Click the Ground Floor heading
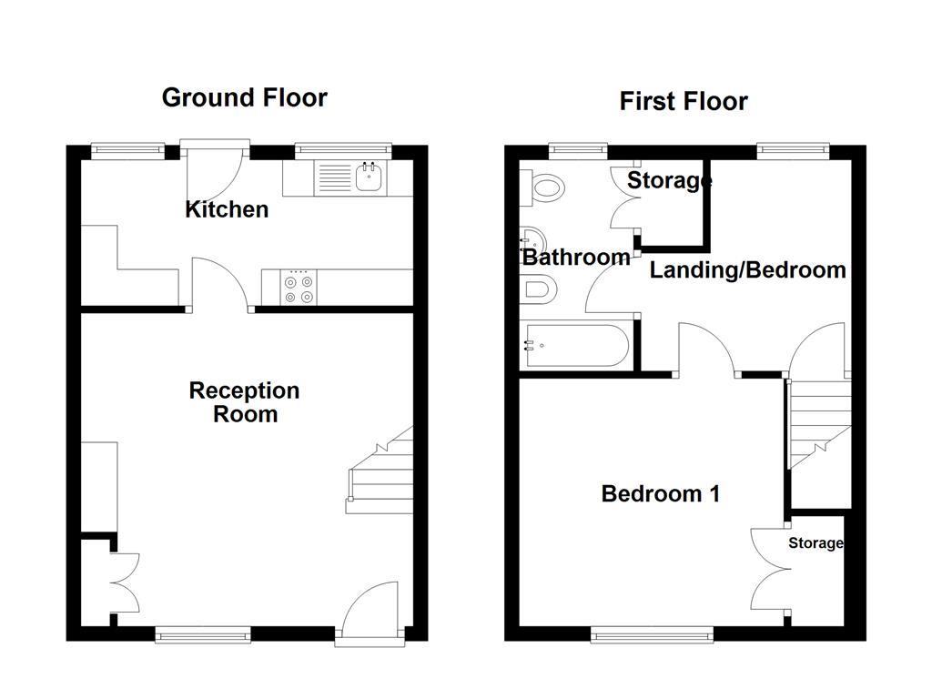[x=244, y=97]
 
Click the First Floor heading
[x=684, y=101]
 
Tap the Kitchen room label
[x=227, y=209]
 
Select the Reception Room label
[x=244, y=402]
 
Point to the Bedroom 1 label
[x=661, y=494]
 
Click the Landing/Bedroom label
[x=747, y=270]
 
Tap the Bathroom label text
[x=575, y=258]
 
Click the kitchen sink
[x=369, y=177]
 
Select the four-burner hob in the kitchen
[x=299, y=288]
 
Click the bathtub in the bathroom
[x=573, y=346]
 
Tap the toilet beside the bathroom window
[x=544, y=189]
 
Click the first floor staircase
[x=818, y=423]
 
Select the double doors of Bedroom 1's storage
[x=770, y=571]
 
